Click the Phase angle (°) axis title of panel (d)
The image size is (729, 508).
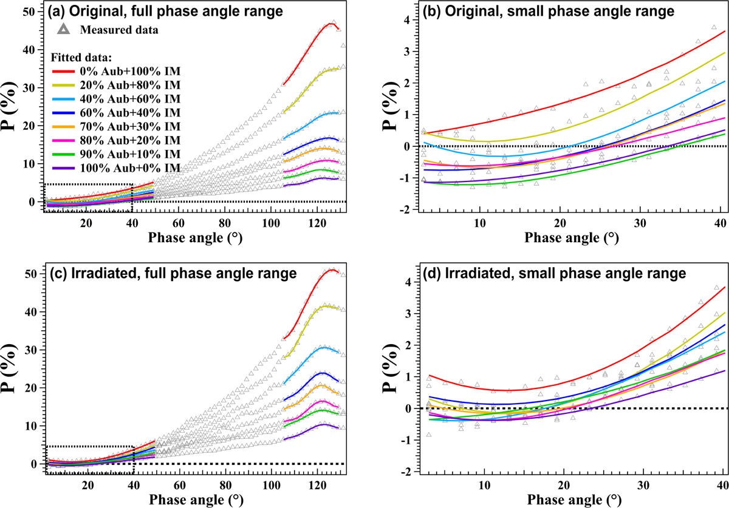point(562,499)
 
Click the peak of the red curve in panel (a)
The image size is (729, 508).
point(330,23)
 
